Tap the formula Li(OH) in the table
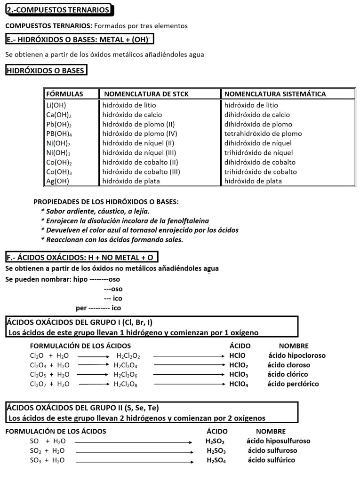[x=56, y=105]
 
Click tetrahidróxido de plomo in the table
[x=263, y=134]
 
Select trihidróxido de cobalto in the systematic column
[x=261, y=172]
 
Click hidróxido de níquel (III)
[x=139, y=152]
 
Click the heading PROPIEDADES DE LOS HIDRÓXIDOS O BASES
[x=106, y=202]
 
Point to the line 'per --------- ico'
[x=98, y=308]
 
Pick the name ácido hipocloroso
[x=296, y=355]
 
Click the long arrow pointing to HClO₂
[x=188, y=365]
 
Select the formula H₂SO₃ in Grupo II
[x=216, y=451]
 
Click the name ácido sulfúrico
[x=272, y=460]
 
